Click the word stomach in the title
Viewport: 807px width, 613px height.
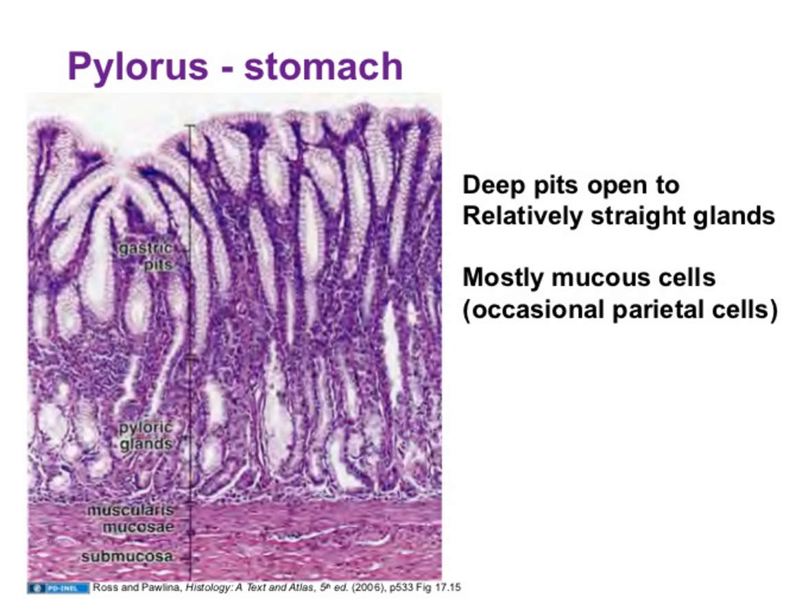[x=323, y=67]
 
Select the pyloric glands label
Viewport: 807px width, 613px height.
[x=146, y=436]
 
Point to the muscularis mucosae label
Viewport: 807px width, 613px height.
[x=130, y=519]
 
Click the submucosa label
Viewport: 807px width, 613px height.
[x=127, y=557]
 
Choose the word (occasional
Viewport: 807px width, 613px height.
[x=532, y=310]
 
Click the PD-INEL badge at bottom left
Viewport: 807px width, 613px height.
[x=58, y=588]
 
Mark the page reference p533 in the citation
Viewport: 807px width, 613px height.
[x=389, y=588]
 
